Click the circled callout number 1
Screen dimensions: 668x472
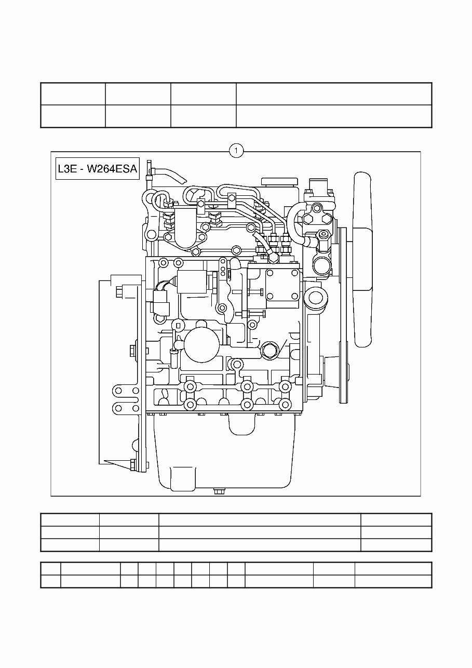tap(236, 151)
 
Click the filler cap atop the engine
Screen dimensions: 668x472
tap(280, 182)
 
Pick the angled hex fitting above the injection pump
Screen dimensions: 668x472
tap(274, 256)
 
